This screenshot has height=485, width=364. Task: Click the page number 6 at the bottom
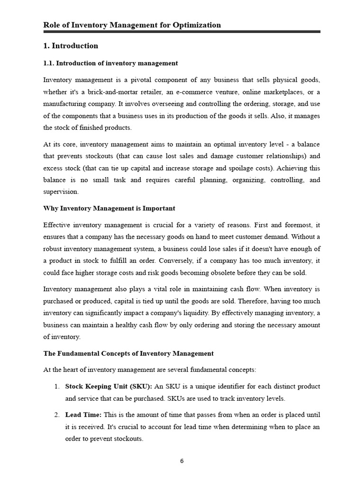coord(182,463)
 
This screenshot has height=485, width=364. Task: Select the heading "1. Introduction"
coord(71,46)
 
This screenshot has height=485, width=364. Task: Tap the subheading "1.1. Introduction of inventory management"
coord(110,63)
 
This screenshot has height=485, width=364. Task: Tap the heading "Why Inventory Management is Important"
coord(109,208)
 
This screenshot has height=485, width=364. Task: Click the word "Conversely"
coord(176,260)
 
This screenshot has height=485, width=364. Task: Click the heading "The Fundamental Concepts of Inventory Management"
coord(128,353)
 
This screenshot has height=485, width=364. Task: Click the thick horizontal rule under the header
coord(182,32)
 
